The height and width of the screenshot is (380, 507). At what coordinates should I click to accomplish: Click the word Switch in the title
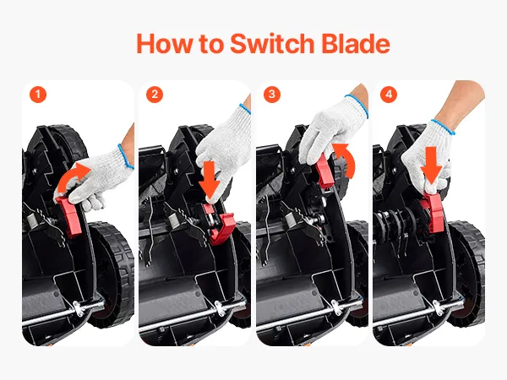pos(272,43)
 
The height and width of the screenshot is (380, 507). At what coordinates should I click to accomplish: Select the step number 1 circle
pos(38,95)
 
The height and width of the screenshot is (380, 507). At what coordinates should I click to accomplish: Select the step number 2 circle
pos(155,95)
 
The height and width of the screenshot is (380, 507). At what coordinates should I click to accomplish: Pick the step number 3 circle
pos(271,95)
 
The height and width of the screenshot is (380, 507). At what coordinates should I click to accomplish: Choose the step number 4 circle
pos(389,95)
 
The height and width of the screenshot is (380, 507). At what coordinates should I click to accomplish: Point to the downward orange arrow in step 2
pos(210,181)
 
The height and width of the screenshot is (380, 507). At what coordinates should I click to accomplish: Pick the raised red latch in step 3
pos(324,171)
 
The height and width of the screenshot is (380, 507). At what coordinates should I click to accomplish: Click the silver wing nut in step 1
pos(78,307)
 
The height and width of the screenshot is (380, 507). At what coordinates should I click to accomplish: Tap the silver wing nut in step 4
pos(439,307)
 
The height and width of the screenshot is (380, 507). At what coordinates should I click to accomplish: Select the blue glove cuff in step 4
pos(442,127)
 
